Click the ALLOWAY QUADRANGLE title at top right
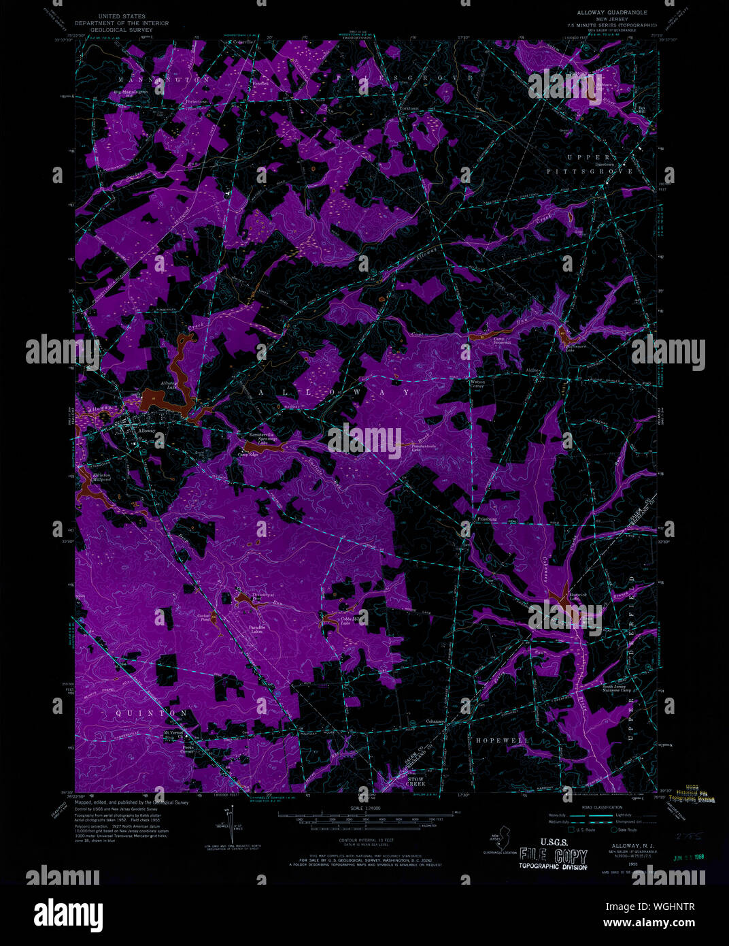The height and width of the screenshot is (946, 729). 612,13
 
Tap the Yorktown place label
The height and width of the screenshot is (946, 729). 409,109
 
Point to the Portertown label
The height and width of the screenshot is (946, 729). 197,101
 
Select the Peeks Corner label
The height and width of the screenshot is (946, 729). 188,749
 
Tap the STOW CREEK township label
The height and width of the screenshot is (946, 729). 416,782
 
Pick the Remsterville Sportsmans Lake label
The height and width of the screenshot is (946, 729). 260,438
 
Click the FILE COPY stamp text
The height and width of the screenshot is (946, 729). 553,855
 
